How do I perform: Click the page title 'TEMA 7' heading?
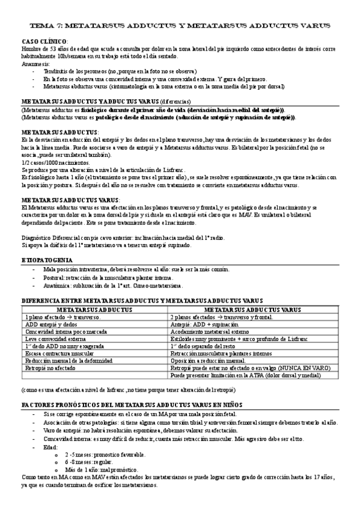[180, 26]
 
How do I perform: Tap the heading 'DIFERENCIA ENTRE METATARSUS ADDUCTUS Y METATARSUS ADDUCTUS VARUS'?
[142, 300]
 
